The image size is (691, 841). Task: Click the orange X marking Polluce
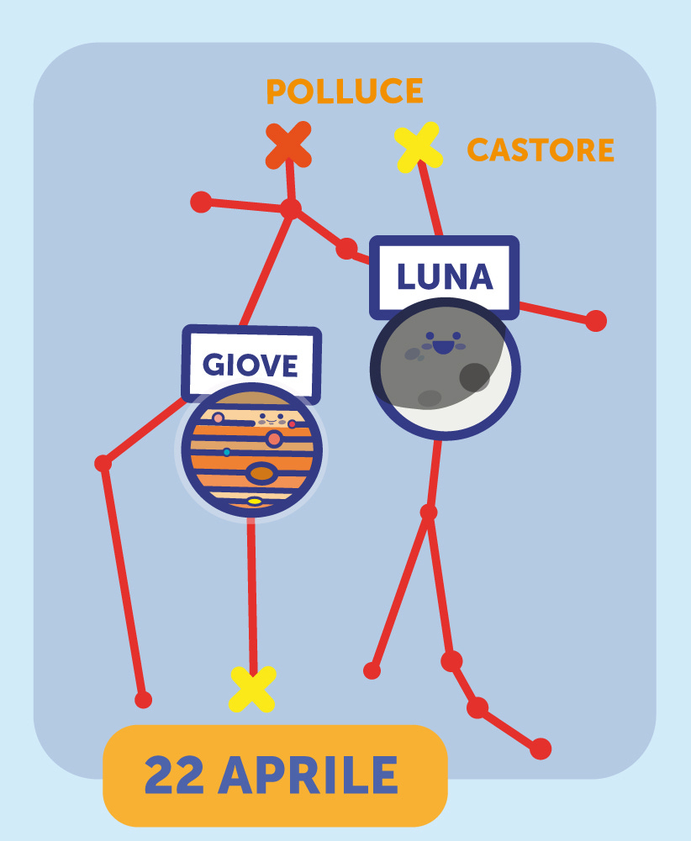[288, 145]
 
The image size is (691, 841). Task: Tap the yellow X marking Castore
[418, 147]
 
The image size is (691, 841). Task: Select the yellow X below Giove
[252, 689]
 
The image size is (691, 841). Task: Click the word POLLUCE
[344, 92]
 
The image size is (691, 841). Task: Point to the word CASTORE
[541, 150]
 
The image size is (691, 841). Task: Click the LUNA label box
[444, 276]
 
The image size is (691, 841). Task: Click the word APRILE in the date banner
[308, 775]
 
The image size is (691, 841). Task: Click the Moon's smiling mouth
[443, 346]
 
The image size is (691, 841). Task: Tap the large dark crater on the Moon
[474, 377]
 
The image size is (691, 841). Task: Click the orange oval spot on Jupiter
[262, 474]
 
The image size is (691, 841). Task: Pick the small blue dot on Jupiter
[227, 452]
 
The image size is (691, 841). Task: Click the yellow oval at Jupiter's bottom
[254, 502]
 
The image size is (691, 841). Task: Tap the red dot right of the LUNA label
[595, 320]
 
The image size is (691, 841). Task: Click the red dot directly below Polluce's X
[290, 208]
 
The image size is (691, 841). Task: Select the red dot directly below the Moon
[429, 512]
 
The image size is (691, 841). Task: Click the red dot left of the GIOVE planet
[103, 463]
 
